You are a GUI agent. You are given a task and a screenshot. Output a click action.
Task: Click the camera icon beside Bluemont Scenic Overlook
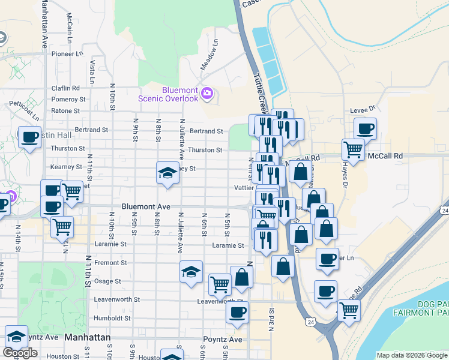pos(207,93)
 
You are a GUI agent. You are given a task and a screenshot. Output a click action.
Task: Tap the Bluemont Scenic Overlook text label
pos(168,94)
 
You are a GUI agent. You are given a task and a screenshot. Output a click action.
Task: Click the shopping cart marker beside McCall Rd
pos(353,150)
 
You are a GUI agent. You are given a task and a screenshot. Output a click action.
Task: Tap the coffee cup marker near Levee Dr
pos(365,128)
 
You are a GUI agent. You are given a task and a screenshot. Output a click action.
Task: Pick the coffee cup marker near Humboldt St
pos(238,313)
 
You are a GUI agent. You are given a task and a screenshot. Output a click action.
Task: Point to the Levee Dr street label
pos(363,109)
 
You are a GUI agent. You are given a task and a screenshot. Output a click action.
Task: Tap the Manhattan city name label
pos(88,338)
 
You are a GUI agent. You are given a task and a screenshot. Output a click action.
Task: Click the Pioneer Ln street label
pos(67,53)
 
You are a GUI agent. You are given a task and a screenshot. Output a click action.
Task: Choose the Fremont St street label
pos(110,263)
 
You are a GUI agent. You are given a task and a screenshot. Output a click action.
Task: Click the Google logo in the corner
pos(20,353)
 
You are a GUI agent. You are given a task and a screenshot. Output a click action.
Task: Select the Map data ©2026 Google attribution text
pos(412,355)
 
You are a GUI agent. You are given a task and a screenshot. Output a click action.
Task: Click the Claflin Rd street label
pos(66,88)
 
